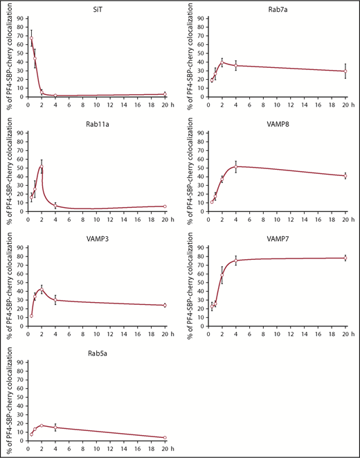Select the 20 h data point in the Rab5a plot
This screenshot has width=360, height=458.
pyautogui.click(x=164, y=437)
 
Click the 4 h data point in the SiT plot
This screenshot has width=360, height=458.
pyautogui.click(x=55, y=96)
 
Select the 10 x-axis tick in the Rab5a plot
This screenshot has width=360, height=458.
pyautogui.click(x=96, y=448)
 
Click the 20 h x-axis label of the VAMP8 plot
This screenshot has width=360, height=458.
pyautogui.click(x=348, y=219)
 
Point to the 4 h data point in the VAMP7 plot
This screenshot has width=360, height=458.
pyautogui.click(x=236, y=261)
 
